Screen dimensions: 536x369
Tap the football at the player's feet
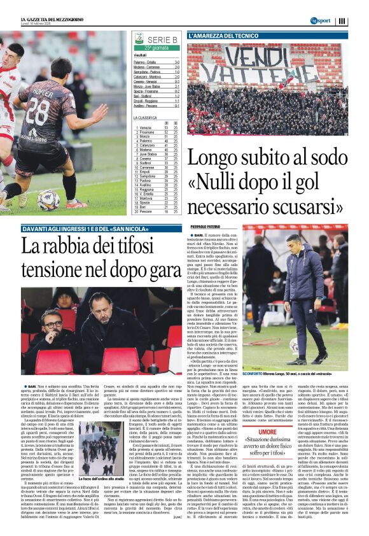pos(48,199)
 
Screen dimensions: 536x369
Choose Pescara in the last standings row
pos(148,211)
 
